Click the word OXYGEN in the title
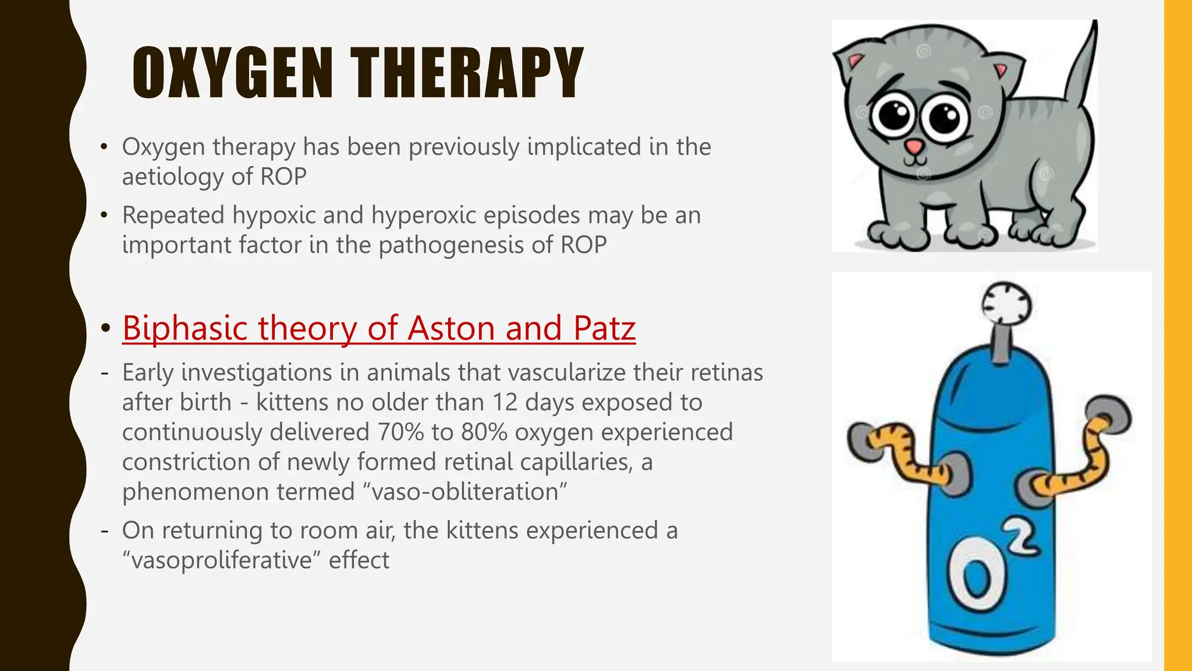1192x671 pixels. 232,73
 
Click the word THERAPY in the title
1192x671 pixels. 466,73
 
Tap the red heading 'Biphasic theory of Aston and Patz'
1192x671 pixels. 378,328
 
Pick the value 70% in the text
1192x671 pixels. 401,432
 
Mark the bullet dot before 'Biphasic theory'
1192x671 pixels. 105,329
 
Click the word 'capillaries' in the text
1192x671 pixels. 574,462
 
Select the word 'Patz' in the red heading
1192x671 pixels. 604,328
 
